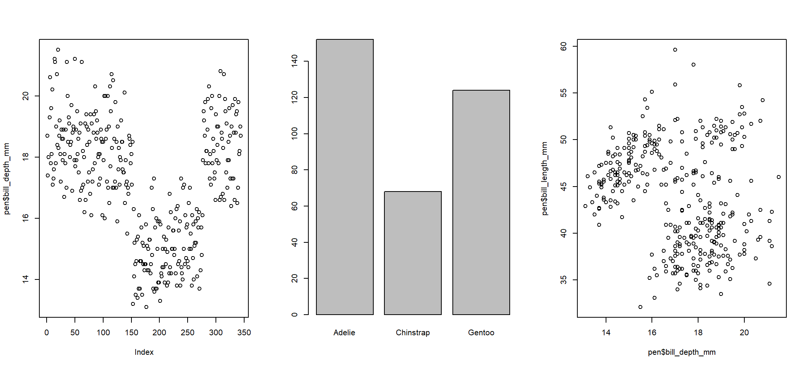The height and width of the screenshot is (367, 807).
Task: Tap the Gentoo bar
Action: point(481,202)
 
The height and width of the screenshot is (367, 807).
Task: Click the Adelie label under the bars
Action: point(344,333)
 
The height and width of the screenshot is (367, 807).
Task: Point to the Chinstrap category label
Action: point(413,333)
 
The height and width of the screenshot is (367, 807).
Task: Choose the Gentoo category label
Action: point(481,333)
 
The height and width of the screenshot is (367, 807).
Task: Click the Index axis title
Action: point(144,352)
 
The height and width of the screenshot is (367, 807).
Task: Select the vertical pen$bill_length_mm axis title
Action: point(544,179)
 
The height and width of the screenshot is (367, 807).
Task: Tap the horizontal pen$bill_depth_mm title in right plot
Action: point(682,352)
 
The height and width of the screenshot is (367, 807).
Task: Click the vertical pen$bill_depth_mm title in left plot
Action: point(6,179)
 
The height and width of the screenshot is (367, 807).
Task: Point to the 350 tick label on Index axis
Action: point(244,333)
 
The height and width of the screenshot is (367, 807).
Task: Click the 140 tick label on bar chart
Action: point(295,61)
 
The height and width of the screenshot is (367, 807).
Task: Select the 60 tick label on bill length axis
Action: point(564,47)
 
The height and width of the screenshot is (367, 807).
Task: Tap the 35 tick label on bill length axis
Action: point(564,280)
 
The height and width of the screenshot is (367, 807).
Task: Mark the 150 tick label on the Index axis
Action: point(131,333)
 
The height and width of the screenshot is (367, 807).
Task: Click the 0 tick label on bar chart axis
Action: point(295,315)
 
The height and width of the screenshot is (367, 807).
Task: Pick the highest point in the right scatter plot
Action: point(675,50)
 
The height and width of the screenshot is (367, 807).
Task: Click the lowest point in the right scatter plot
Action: point(640,307)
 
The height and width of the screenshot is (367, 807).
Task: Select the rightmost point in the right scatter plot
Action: point(779,177)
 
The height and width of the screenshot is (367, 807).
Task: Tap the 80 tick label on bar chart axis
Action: point(295,170)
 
